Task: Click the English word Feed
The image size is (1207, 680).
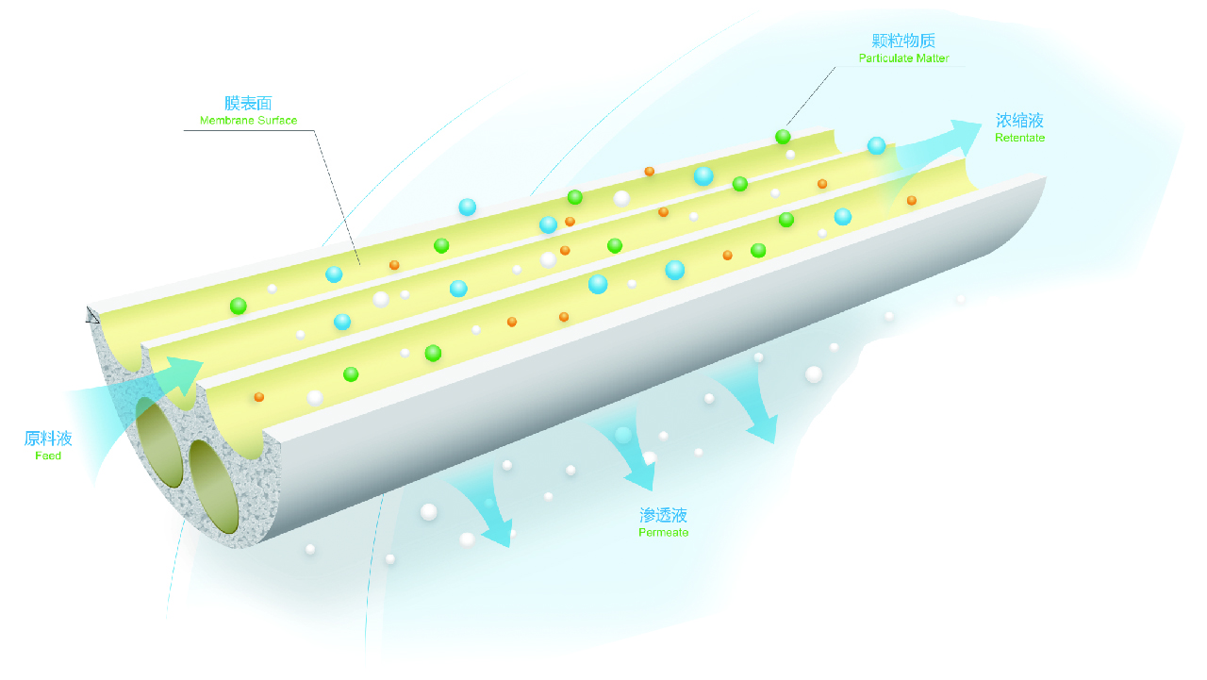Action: (48, 456)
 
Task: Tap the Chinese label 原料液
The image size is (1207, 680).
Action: (48, 438)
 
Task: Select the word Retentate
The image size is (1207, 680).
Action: (1019, 138)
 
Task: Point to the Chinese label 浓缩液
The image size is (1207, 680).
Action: (1019, 120)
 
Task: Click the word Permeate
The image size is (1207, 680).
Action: (663, 533)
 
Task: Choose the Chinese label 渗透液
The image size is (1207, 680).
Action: (663, 515)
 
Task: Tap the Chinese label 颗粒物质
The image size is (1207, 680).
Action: (903, 41)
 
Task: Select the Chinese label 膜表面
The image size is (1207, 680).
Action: (248, 103)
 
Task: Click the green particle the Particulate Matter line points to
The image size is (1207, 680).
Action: (783, 137)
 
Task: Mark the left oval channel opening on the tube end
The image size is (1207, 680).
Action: (159, 443)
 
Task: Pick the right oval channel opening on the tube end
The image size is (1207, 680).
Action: (214, 487)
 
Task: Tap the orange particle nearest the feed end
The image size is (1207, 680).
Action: (259, 397)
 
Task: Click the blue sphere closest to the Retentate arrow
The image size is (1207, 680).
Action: (877, 145)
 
